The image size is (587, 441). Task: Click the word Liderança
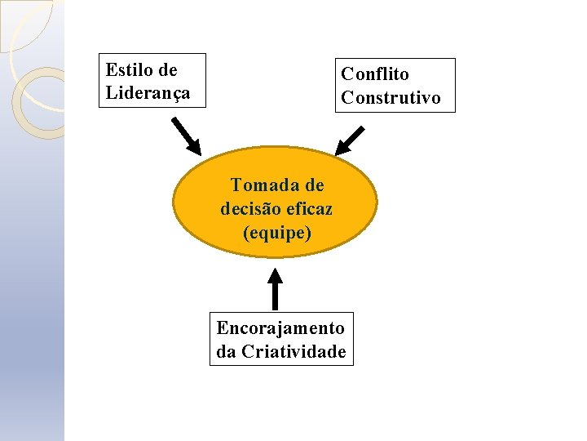click(x=148, y=92)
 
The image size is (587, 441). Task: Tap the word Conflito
click(x=374, y=74)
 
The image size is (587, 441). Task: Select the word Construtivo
click(x=391, y=98)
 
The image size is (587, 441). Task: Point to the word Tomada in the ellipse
click(x=259, y=185)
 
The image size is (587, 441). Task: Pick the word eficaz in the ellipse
click(x=309, y=209)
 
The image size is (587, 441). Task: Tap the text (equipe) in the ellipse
click(x=276, y=233)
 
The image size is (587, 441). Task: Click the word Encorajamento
click(x=280, y=328)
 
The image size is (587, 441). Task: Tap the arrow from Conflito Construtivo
click(x=350, y=140)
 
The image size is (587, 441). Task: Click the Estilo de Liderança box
click(x=152, y=81)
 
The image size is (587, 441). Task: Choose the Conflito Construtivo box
click(x=395, y=85)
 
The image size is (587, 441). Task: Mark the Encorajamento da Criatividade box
click(x=281, y=339)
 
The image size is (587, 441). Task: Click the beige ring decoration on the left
click(x=37, y=102)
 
